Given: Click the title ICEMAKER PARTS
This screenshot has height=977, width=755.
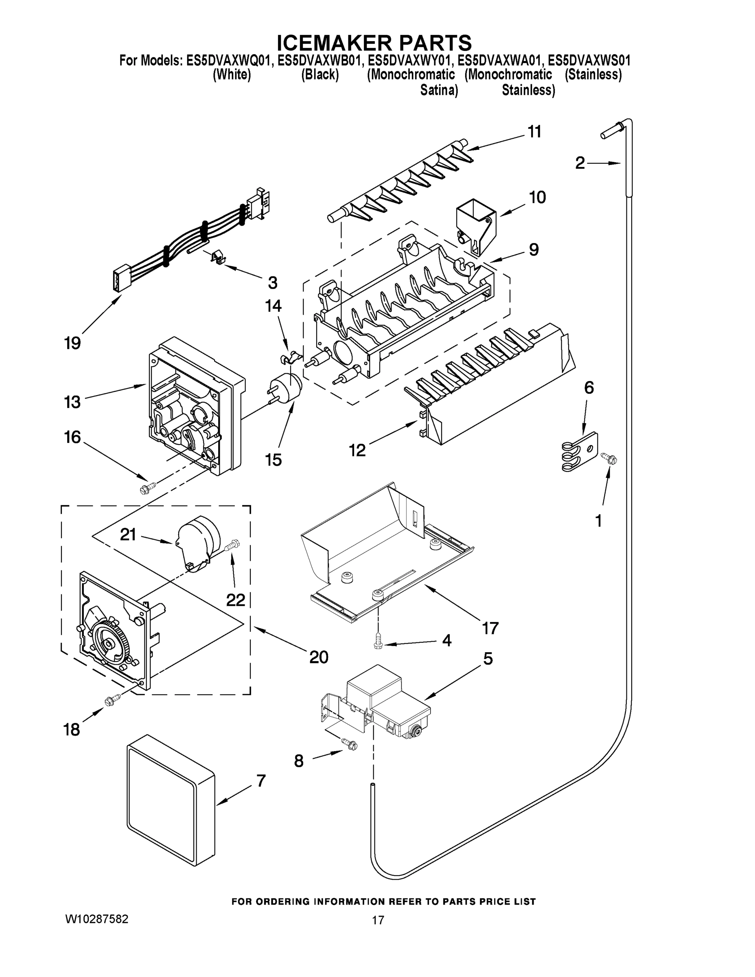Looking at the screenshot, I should (x=374, y=42).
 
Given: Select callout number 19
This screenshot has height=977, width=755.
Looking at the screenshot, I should (x=72, y=343).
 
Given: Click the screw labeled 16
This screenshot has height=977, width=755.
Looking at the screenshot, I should (x=148, y=488).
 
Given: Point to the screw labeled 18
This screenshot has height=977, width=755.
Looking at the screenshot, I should (x=113, y=700).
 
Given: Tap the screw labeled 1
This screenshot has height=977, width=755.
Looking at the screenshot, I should (x=609, y=458).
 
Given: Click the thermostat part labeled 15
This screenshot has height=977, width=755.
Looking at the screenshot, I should (x=285, y=386).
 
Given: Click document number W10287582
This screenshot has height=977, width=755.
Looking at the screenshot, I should (x=96, y=919).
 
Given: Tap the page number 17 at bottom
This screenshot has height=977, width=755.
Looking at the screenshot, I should (x=378, y=920).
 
